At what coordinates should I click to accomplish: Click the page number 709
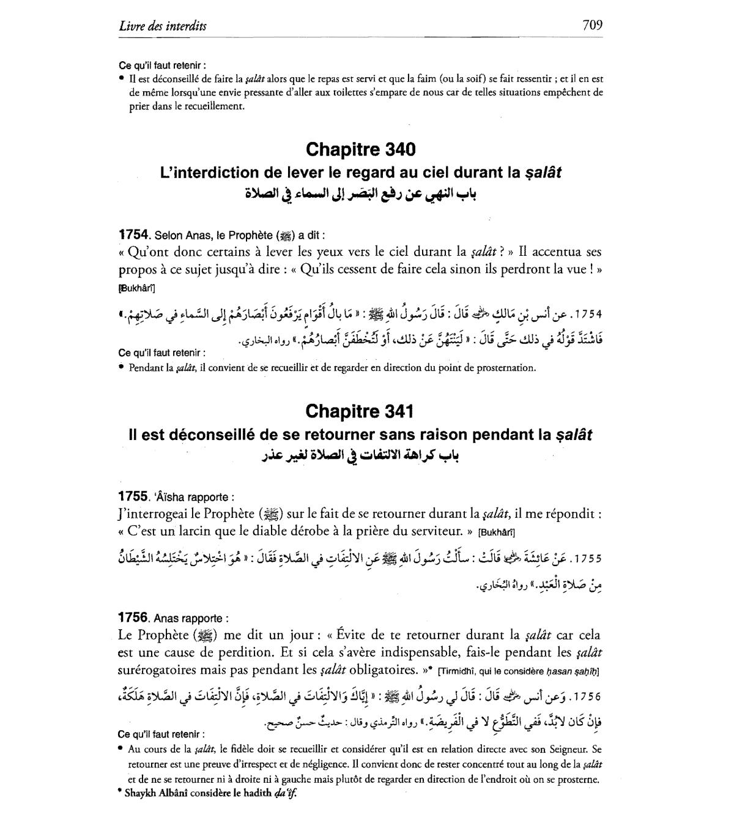[591, 25]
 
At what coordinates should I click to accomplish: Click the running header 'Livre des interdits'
[163, 26]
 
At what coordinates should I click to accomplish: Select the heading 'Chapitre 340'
[360, 149]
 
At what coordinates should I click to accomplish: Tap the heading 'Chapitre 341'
[360, 411]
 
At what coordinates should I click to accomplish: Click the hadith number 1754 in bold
[133, 235]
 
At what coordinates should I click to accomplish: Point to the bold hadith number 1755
[133, 496]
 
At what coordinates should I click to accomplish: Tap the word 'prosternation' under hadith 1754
[505, 368]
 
